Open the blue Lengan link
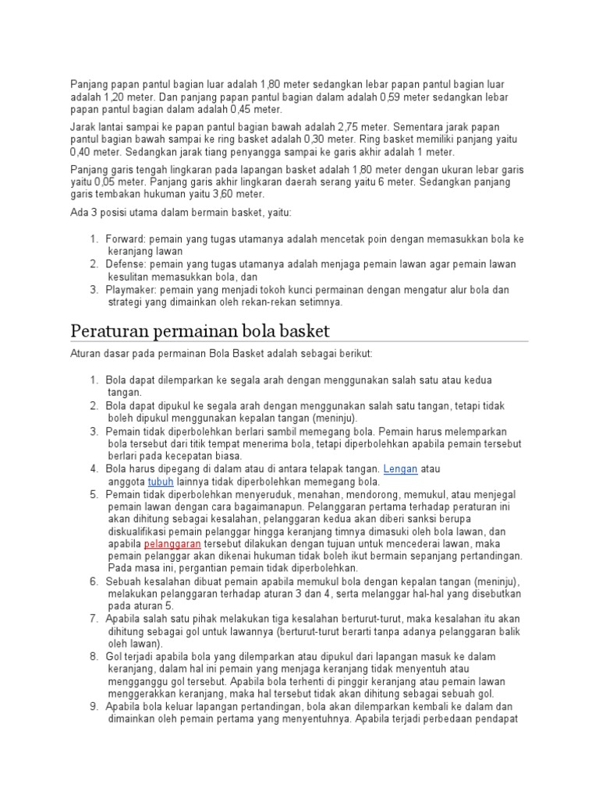(401, 469)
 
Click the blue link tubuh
(160, 482)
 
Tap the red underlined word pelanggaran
(172, 543)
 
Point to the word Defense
(126, 264)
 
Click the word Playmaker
(132, 289)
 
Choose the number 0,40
(83, 152)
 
